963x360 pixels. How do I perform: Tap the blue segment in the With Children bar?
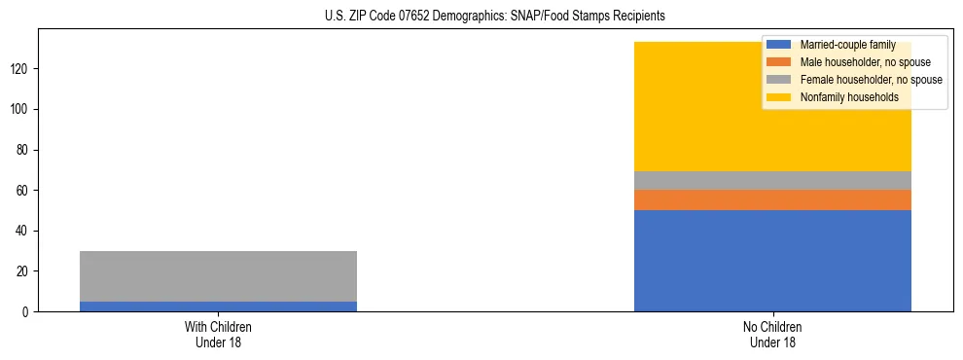coord(218,306)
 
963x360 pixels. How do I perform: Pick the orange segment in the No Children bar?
coord(772,199)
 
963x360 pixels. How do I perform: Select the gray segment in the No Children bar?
coord(772,180)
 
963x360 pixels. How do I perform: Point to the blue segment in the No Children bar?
coord(772,261)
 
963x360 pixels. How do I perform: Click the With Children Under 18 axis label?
coord(218,334)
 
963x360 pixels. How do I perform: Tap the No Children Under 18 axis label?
coord(772,334)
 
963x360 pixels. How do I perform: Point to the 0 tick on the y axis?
coord(28,311)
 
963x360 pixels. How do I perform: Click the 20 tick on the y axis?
coord(25,271)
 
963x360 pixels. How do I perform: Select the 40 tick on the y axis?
coord(25,231)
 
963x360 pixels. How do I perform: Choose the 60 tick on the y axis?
coord(25,190)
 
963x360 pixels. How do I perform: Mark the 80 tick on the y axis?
coord(25,150)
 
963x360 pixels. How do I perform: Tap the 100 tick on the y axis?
coord(22,109)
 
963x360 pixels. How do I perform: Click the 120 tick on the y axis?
coord(22,69)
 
